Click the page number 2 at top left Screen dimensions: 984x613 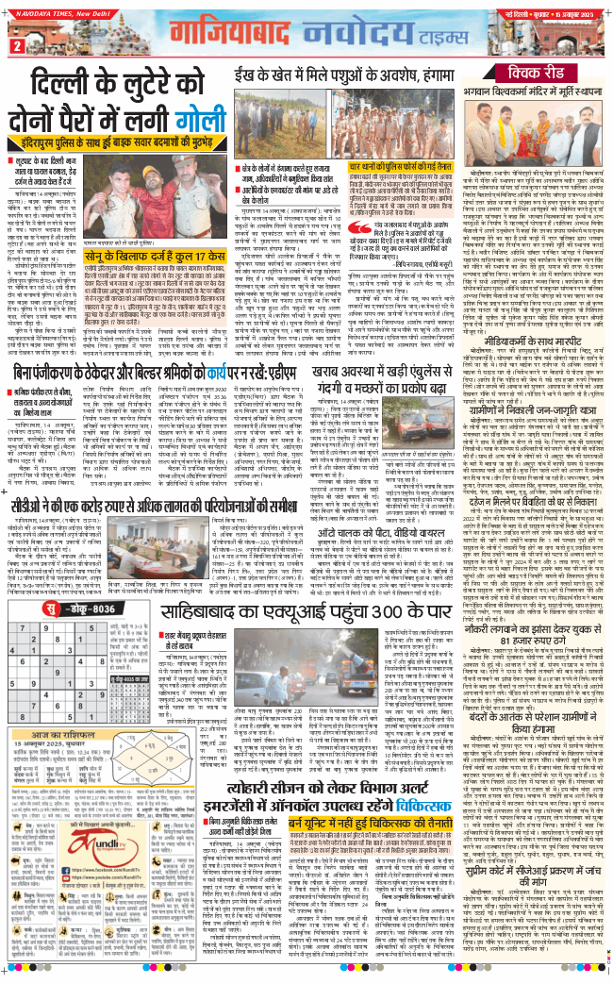point(16,44)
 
